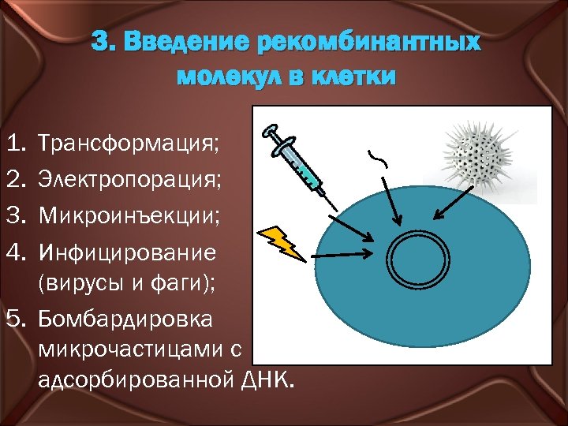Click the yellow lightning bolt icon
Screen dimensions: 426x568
click(283, 242)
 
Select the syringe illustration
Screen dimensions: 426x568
click(294, 160)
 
